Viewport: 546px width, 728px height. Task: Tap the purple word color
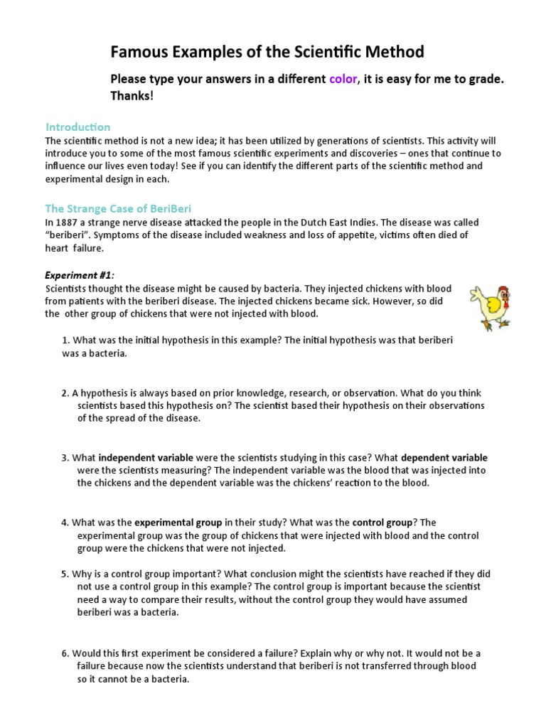pos(343,80)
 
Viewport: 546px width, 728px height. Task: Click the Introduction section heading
pos(78,127)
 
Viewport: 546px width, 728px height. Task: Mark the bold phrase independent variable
pos(146,457)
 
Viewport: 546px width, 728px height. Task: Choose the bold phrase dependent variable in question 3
pos(444,457)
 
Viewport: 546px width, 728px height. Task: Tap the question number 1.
pos(65,341)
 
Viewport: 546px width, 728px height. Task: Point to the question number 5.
pos(65,574)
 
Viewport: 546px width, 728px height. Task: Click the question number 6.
pos(65,653)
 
